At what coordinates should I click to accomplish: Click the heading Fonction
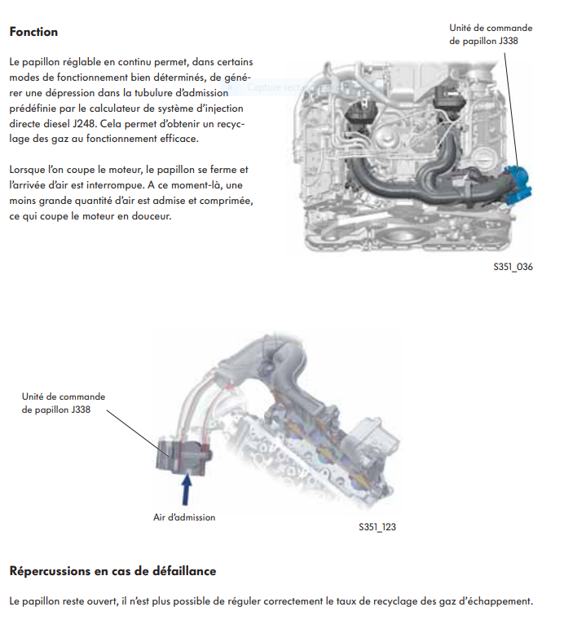pyautogui.click(x=33, y=32)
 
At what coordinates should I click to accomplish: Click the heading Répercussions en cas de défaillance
pyautogui.click(x=112, y=570)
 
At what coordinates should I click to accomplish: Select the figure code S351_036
pyautogui.click(x=513, y=267)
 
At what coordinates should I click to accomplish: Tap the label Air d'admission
pyautogui.click(x=184, y=517)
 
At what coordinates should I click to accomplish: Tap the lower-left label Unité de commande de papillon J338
pyautogui.click(x=63, y=403)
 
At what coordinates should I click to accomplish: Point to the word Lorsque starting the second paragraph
pyautogui.click(x=29, y=170)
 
